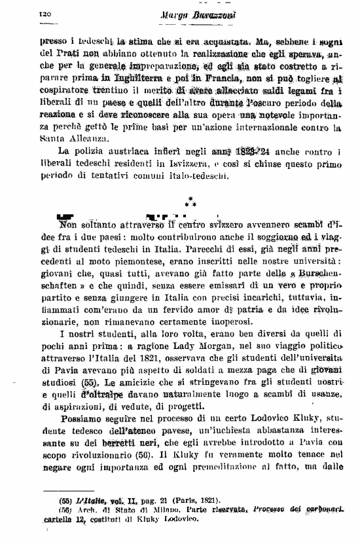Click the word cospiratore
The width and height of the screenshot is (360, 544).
coord(64,92)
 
